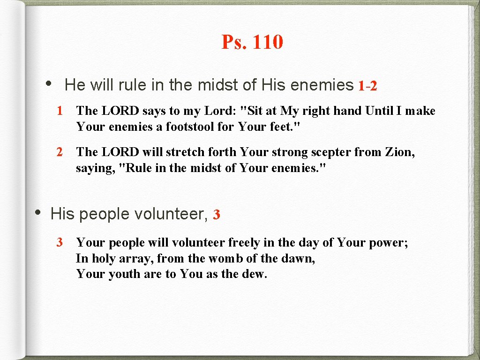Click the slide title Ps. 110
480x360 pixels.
click(252, 42)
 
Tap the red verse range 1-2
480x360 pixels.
click(367, 86)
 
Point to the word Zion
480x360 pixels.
click(398, 152)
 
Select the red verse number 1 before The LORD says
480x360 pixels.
click(60, 111)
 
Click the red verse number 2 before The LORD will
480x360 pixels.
click(60, 152)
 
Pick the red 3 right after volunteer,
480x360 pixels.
click(216, 215)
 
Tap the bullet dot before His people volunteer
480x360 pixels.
click(39, 212)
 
